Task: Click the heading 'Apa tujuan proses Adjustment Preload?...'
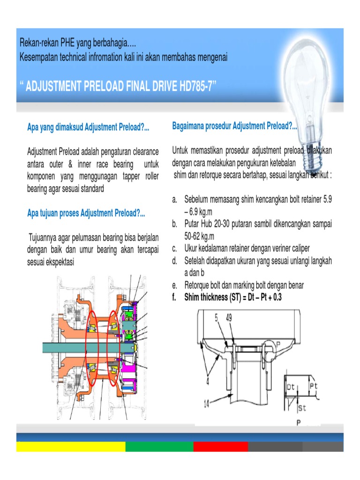(86, 214)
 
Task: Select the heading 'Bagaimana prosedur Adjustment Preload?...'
(234, 126)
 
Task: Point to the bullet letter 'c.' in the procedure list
(175, 248)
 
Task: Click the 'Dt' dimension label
(291, 387)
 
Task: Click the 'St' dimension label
(302, 408)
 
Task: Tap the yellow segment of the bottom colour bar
(70, 446)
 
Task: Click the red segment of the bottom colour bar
(220, 446)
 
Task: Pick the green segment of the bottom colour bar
(159, 446)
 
